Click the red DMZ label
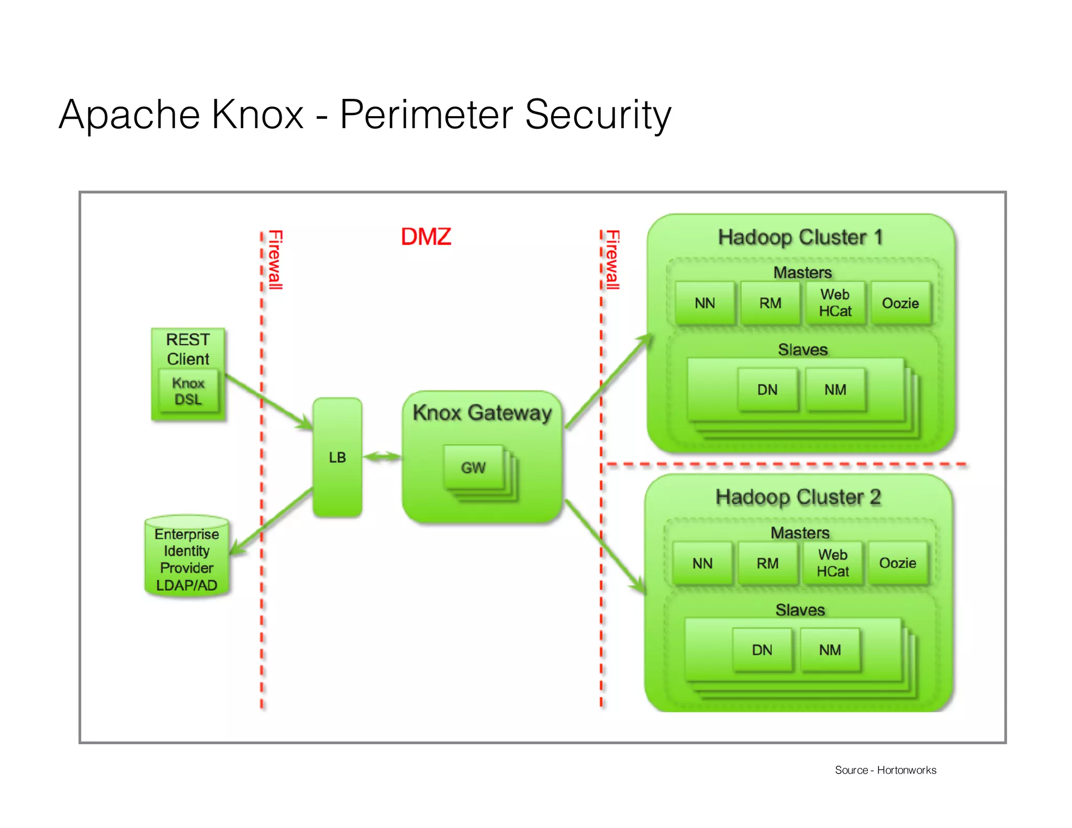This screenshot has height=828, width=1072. coord(426,237)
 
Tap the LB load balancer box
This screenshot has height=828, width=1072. coord(337,457)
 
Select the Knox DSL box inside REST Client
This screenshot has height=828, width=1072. coord(188,391)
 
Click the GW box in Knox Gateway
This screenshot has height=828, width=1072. coord(473,467)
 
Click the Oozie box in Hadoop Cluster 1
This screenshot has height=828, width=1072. coord(900,303)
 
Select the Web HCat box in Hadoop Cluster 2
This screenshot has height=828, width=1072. coord(832,563)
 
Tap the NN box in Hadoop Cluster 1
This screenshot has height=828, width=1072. coord(705,303)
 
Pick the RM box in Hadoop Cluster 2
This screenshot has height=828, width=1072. coord(767,563)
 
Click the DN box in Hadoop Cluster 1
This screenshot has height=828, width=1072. coord(767,389)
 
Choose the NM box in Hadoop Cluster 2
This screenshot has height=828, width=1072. coord(830,650)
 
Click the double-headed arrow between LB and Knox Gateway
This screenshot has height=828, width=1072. coord(382,457)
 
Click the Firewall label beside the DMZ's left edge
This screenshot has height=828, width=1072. coord(275,260)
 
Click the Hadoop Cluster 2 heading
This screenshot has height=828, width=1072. coord(798,497)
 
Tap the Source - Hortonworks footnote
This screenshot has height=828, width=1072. coord(885,770)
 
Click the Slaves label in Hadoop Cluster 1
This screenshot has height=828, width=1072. coord(802,350)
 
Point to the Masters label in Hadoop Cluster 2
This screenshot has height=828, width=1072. coord(800,533)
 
